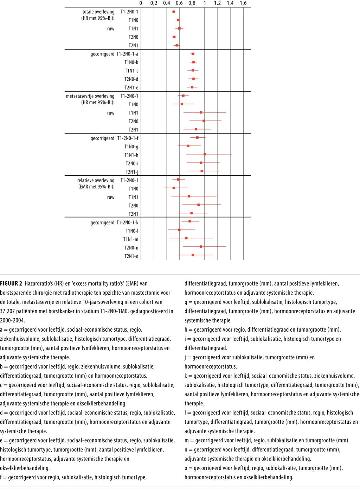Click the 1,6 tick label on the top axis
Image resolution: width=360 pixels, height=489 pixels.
243,3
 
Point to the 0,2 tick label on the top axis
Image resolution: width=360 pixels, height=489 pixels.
154,3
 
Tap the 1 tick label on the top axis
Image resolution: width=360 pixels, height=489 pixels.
205,3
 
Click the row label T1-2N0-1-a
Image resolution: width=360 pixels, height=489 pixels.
127,54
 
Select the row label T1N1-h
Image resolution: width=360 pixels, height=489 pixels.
131,155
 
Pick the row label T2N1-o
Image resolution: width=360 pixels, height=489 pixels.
131,256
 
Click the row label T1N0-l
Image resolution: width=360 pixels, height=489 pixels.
132,231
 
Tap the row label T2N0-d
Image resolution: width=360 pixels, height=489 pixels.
131,79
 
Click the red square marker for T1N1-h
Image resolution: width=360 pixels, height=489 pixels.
205,154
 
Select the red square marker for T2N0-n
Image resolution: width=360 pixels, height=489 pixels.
201,247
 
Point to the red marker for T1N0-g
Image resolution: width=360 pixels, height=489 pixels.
188,146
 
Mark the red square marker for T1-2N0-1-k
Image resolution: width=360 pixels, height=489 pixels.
190,221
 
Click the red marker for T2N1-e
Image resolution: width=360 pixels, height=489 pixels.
192,87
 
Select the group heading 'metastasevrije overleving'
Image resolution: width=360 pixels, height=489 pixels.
90,96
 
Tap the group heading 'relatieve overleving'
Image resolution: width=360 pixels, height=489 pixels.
96,181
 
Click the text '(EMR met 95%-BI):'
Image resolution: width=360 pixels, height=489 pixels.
96,187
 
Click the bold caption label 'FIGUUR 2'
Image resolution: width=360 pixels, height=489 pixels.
11,283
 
